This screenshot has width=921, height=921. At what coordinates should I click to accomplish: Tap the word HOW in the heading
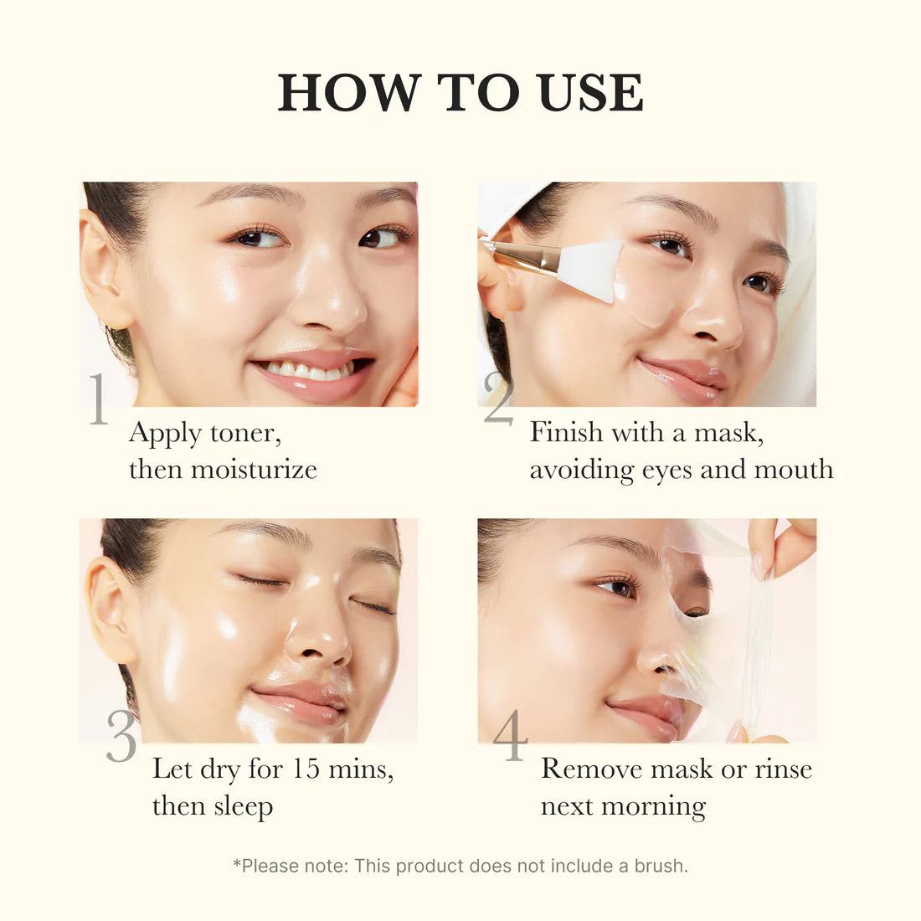pyautogui.click(x=349, y=92)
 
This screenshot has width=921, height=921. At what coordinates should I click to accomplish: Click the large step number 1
pyautogui.click(x=99, y=399)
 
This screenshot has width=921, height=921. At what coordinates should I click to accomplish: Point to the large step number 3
pyautogui.click(x=121, y=737)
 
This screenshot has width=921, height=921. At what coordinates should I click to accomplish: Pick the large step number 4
pyautogui.click(x=510, y=737)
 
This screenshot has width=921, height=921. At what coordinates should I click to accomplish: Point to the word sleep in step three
pyautogui.click(x=243, y=806)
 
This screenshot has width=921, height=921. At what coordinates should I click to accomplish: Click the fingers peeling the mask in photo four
pyautogui.click(x=783, y=544)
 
